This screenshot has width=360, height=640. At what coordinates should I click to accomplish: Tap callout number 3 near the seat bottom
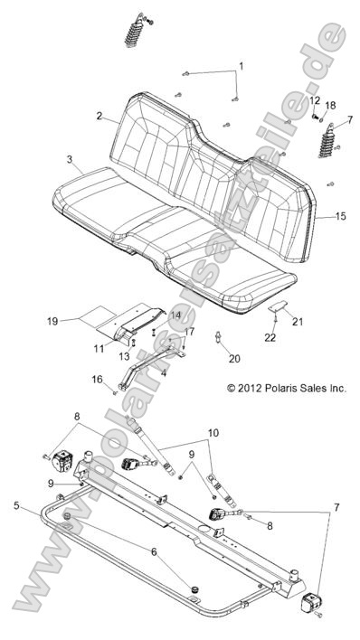point(69,159)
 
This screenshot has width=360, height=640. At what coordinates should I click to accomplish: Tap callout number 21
point(298,322)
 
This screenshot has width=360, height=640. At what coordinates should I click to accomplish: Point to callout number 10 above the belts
point(213,433)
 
